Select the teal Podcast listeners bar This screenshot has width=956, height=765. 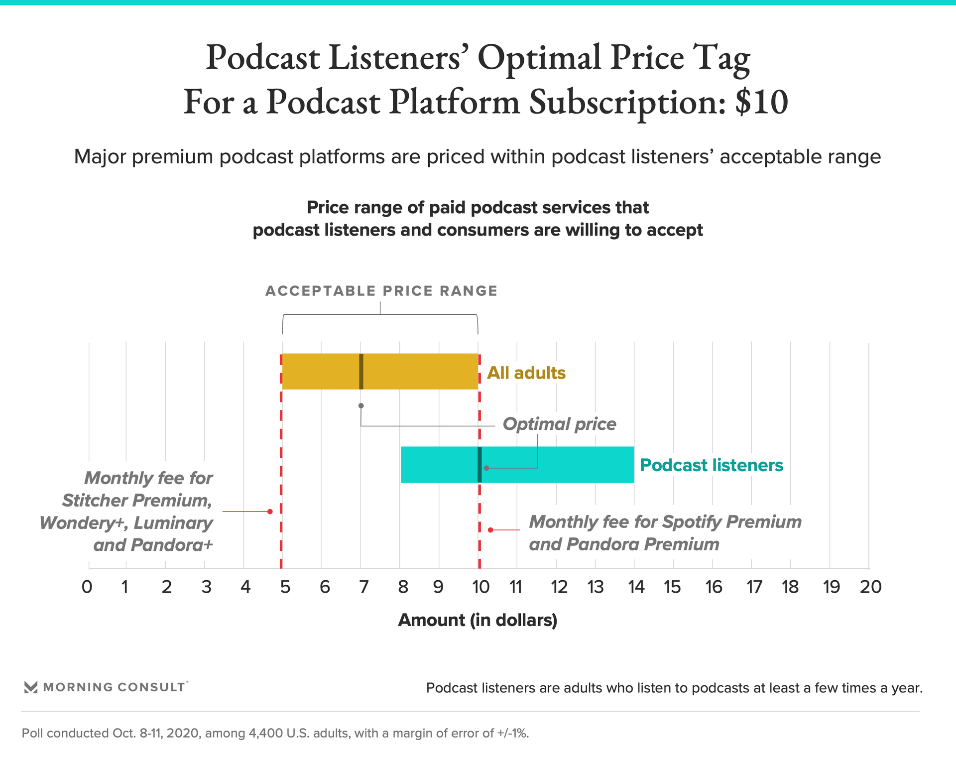click(x=558, y=464)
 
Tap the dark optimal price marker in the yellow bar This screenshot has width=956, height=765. click(x=361, y=372)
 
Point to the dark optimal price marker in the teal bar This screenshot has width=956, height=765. click(x=479, y=464)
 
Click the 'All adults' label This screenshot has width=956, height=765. click(x=526, y=373)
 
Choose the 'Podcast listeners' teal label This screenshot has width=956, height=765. click(x=711, y=465)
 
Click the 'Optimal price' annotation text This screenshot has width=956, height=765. click(x=559, y=424)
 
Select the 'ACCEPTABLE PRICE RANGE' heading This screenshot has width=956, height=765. click(x=381, y=291)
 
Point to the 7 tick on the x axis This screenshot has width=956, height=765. click(x=364, y=587)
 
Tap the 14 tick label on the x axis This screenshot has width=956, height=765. click(x=636, y=587)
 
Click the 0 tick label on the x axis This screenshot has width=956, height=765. click(x=87, y=587)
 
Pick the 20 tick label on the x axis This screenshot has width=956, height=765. click(x=870, y=587)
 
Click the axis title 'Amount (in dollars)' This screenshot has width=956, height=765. click(x=478, y=620)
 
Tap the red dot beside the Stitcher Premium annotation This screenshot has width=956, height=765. click(x=270, y=511)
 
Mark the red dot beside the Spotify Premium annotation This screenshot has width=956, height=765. click(x=490, y=530)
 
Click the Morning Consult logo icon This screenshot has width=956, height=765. click(x=31, y=687)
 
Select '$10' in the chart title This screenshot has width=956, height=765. click(x=761, y=102)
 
